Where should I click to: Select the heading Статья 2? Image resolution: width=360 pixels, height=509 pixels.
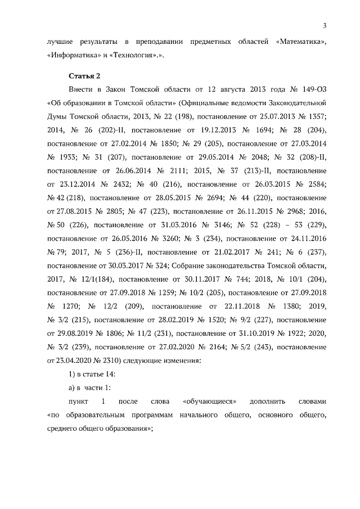point(84,74)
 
